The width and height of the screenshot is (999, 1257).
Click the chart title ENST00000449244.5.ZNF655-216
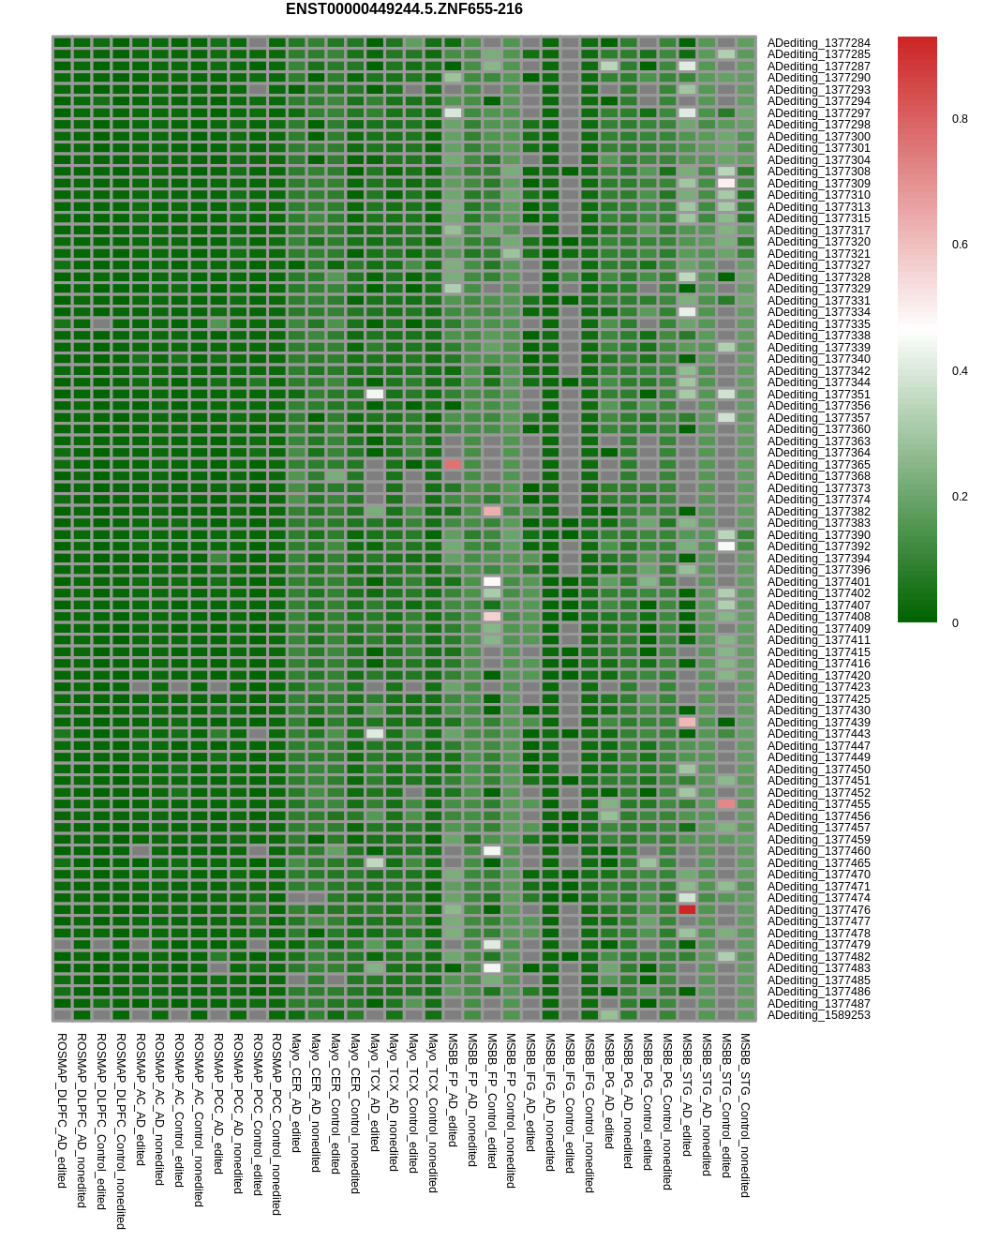404,9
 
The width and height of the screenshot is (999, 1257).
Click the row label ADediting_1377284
818,43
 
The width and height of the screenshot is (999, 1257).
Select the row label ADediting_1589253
818,1015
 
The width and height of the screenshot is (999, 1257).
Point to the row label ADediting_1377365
818,465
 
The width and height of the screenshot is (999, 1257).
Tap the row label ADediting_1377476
818,910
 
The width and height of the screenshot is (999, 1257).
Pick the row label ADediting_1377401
818,582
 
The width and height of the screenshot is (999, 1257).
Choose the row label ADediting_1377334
818,312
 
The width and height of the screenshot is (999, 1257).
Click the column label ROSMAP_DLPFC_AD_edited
62,1111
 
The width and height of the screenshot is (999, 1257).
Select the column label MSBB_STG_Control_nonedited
745,1115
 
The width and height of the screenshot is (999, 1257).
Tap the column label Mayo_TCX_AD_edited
374,1093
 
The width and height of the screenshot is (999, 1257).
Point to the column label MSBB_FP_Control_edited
491,1100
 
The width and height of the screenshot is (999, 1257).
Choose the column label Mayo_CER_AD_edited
296,1093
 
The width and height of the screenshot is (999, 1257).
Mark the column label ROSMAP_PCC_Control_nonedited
276,1125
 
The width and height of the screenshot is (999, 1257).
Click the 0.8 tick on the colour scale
960,119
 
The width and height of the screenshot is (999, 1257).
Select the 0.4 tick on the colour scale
960,371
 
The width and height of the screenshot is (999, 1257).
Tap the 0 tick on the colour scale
955,623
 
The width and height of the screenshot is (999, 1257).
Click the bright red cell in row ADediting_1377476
687,910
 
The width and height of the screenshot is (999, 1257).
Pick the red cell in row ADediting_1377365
453,465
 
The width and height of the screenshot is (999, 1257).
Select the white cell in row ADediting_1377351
375,395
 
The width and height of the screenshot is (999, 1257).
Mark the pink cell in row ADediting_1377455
726,804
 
